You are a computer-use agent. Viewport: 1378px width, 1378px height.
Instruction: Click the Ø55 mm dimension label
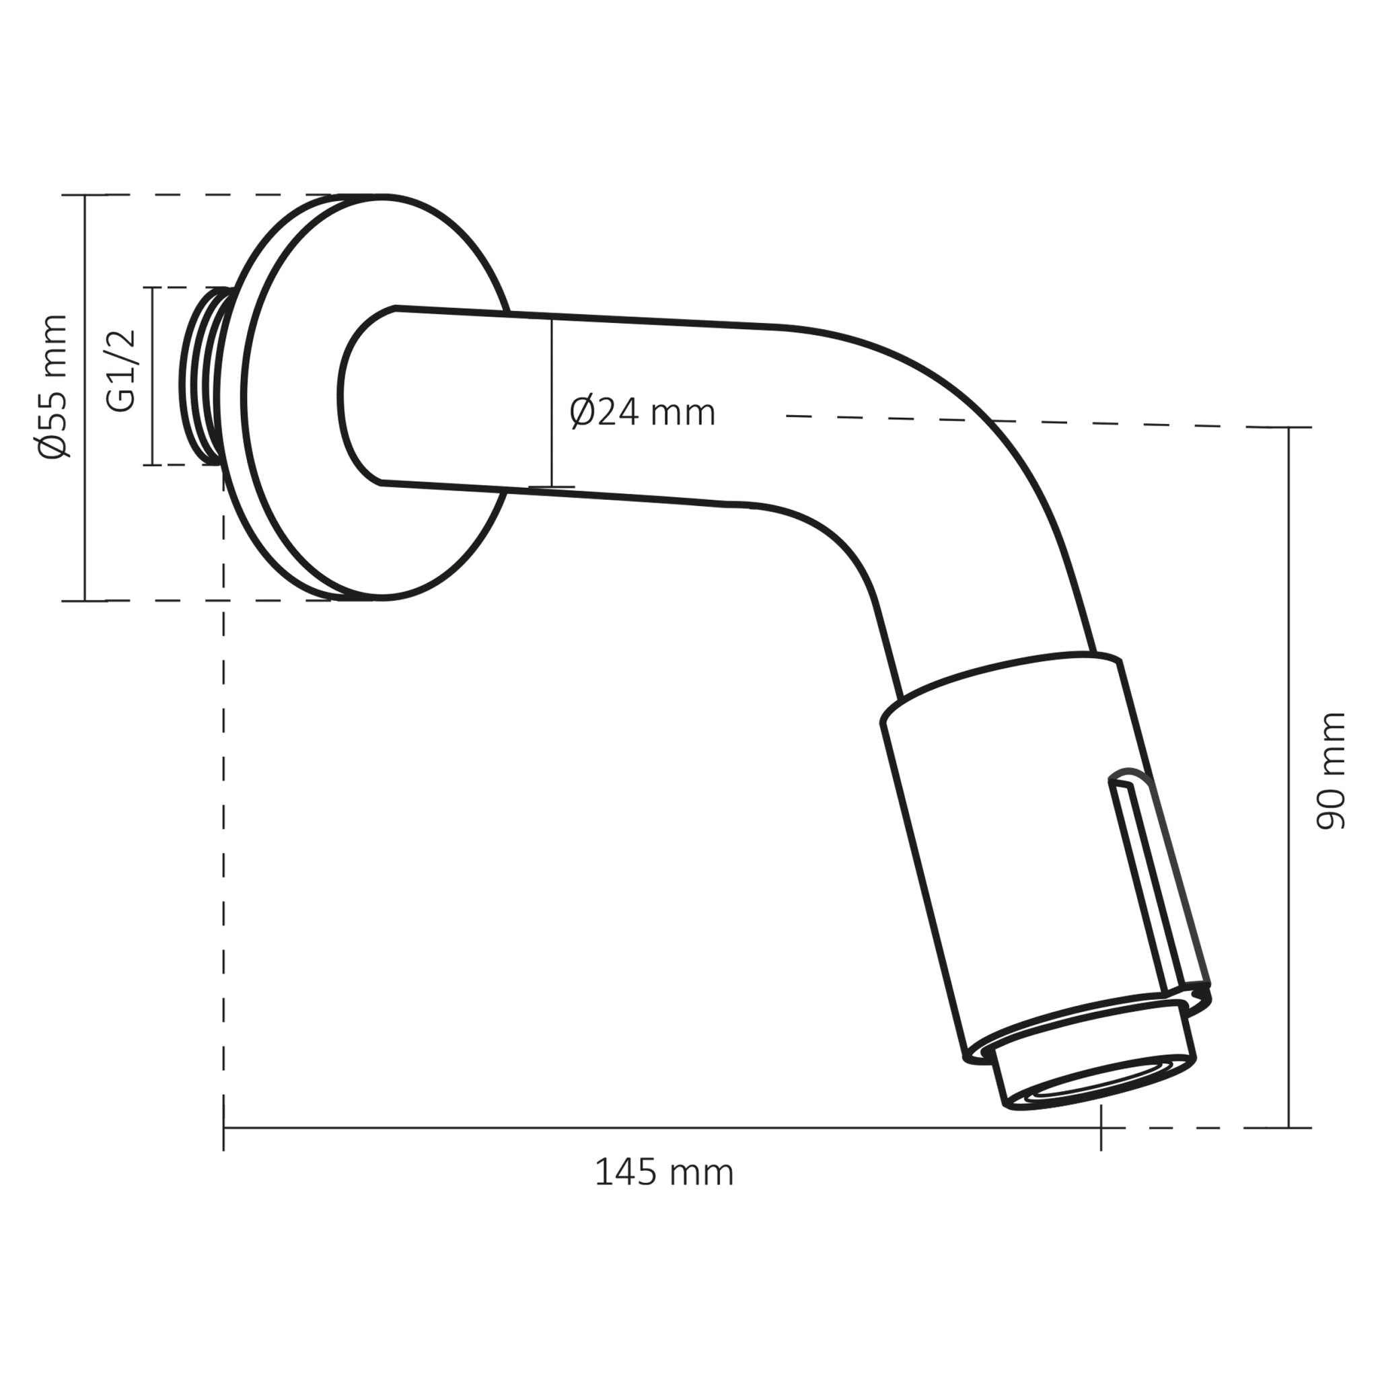54,386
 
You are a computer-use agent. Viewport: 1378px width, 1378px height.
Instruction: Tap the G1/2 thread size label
120,371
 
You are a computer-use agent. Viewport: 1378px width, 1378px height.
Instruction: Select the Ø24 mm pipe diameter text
642,413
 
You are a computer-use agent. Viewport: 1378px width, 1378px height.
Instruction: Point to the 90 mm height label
1329,771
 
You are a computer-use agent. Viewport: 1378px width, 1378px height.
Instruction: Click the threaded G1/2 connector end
203,376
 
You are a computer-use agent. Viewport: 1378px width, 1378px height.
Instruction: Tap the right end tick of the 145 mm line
1101,1128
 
